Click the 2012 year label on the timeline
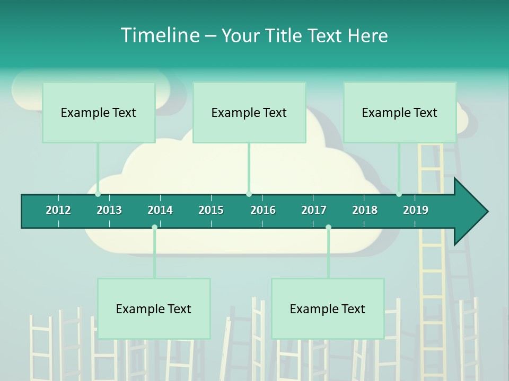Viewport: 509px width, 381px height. click(x=58, y=210)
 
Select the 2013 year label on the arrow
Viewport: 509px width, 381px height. click(x=109, y=210)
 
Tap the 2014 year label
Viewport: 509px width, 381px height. click(x=160, y=210)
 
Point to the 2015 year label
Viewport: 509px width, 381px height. click(x=211, y=210)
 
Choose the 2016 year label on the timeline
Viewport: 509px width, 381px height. click(x=263, y=210)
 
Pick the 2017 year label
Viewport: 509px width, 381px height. click(x=314, y=210)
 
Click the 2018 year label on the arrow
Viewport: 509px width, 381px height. click(x=365, y=210)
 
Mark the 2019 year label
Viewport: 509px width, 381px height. click(x=416, y=210)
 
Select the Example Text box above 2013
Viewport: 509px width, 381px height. click(x=99, y=113)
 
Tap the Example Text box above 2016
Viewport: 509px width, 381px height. click(x=249, y=113)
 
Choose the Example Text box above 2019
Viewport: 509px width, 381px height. click(x=400, y=113)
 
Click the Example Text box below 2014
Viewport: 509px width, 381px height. click(x=154, y=309)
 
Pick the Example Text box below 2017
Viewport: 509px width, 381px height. click(x=328, y=309)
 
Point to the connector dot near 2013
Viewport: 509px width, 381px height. click(x=98, y=194)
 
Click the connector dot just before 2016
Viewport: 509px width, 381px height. click(x=249, y=194)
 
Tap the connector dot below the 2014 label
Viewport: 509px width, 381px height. click(x=154, y=228)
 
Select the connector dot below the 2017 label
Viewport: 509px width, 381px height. click(x=328, y=228)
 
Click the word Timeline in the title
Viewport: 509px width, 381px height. click(x=159, y=35)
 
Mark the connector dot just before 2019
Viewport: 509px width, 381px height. click(x=399, y=194)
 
